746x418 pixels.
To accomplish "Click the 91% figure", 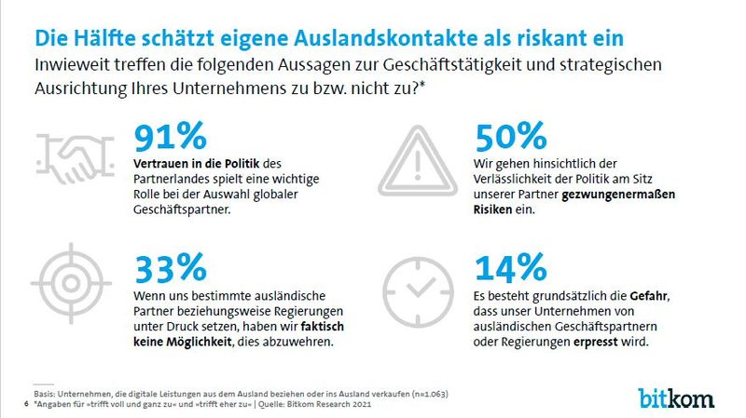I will (x=170, y=137).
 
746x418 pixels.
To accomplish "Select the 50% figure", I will (x=511, y=137).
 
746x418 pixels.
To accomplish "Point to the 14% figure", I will (x=510, y=267).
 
